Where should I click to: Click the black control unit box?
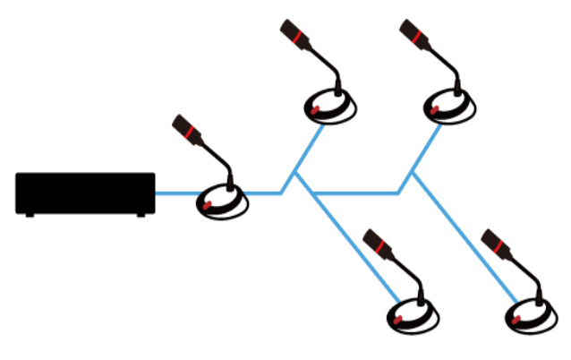pos(85,193)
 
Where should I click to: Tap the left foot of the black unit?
pos(30,215)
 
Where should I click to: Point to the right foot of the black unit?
pos(141,215)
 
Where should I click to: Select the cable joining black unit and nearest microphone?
pos(175,193)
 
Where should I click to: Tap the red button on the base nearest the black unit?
pos(207,205)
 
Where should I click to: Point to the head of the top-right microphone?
pos(412,32)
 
